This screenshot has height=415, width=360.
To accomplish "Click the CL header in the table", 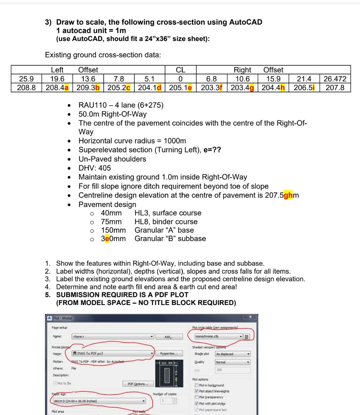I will pos(180,70).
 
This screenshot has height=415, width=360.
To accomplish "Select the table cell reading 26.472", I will pos(335,79).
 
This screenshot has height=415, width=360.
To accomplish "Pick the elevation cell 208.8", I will pos(26,88).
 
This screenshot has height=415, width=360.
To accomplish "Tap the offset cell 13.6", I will pos(88,79).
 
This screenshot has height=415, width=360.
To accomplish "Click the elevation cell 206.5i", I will pos(304,88).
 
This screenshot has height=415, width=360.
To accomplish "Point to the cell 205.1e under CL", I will pos(180,88).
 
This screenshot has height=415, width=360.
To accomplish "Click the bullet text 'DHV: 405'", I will pos(95,168).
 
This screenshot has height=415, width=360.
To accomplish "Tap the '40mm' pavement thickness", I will pos(111,213).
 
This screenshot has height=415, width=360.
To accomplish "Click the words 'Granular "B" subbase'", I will pos(170,239).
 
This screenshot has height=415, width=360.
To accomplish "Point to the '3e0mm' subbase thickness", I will pos(113,239).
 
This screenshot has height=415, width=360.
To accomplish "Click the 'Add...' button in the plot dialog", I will pos(169,337).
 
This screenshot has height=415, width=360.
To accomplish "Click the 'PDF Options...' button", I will pos(140,384).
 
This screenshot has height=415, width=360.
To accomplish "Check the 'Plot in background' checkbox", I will pos(197,385).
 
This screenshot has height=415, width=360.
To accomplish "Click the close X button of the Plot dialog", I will pos(250,317).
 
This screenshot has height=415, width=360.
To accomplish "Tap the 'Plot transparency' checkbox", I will pos(197,397).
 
